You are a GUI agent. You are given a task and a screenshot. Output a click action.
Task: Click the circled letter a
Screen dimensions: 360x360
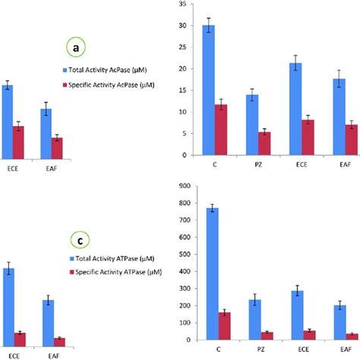point(75,48)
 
